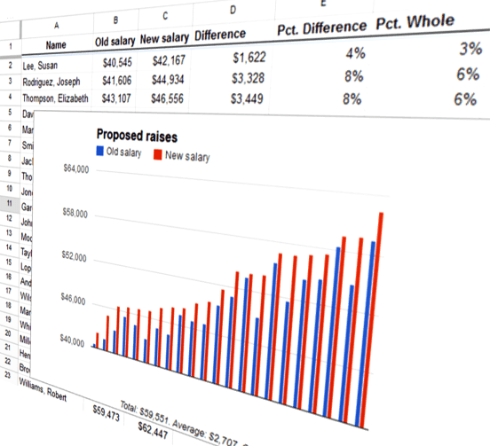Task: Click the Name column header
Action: (x=55, y=44)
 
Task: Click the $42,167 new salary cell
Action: (x=162, y=62)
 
